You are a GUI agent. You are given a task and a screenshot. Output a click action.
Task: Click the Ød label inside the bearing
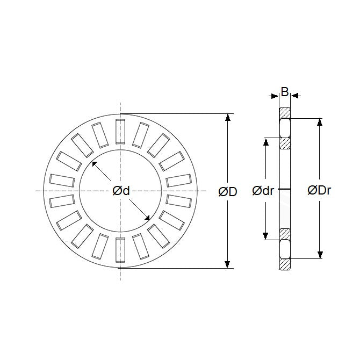coord(121,191)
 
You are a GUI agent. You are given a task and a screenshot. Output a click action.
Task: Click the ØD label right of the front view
coord(228,191)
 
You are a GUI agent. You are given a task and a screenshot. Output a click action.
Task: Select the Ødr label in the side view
coord(263,191)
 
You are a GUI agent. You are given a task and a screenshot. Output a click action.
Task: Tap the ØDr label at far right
coord(319,191)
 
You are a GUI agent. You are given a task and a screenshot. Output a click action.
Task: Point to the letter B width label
coord(284,92)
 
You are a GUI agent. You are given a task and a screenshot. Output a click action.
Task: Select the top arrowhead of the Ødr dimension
coord(265,142)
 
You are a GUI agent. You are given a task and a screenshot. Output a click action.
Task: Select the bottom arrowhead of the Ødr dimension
coord(265,237)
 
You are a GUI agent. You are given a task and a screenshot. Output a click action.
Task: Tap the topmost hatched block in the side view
coord(284,113)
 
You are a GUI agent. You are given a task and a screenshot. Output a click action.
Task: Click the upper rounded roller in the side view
coord(284,128)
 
